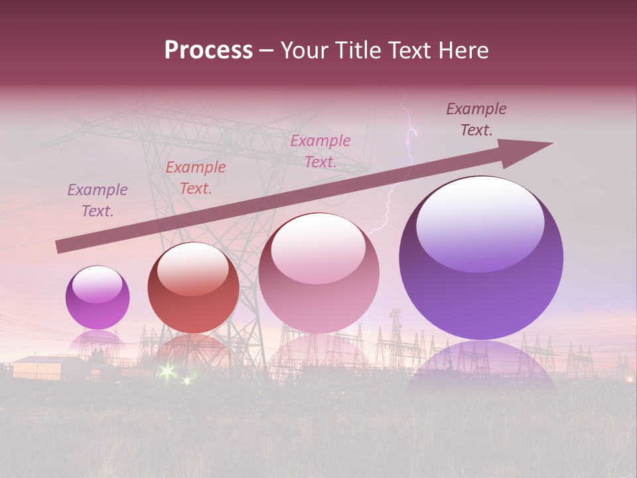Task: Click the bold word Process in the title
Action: (208, 50)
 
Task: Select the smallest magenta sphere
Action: (98, 297)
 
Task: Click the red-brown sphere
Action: (193, 287)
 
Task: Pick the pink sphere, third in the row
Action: (318, 273)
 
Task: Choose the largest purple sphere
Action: (481, 258)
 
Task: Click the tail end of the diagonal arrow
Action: (58, 247)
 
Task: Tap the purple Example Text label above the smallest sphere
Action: (98, 200)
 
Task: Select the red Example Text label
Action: (196, 178)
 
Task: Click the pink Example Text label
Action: (320, 151)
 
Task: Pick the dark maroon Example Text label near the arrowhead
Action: (476, 119)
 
